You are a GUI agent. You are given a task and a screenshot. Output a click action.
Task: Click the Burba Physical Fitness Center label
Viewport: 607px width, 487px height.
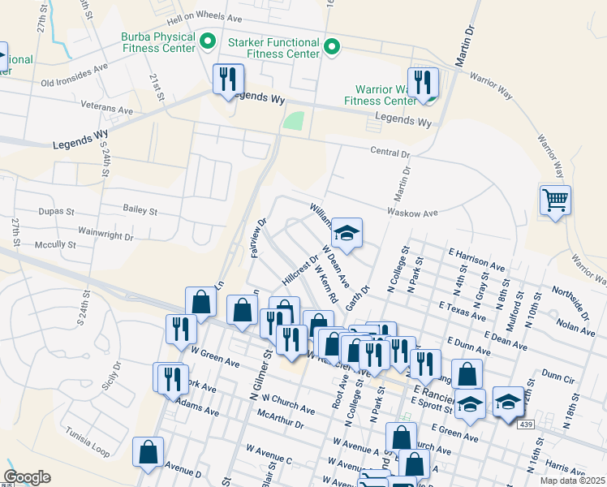158,42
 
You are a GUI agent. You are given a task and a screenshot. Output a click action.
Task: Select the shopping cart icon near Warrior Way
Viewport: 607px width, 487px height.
555,199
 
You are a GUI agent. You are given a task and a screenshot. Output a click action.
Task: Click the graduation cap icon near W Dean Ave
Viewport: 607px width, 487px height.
347,233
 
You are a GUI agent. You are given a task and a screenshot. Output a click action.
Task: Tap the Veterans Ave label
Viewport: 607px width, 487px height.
106,109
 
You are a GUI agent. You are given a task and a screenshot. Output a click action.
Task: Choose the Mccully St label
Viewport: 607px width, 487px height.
55,243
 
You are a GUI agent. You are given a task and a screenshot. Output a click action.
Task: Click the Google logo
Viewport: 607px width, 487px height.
27,477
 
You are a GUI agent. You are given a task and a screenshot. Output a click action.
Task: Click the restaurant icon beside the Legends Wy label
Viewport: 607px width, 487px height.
228,79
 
